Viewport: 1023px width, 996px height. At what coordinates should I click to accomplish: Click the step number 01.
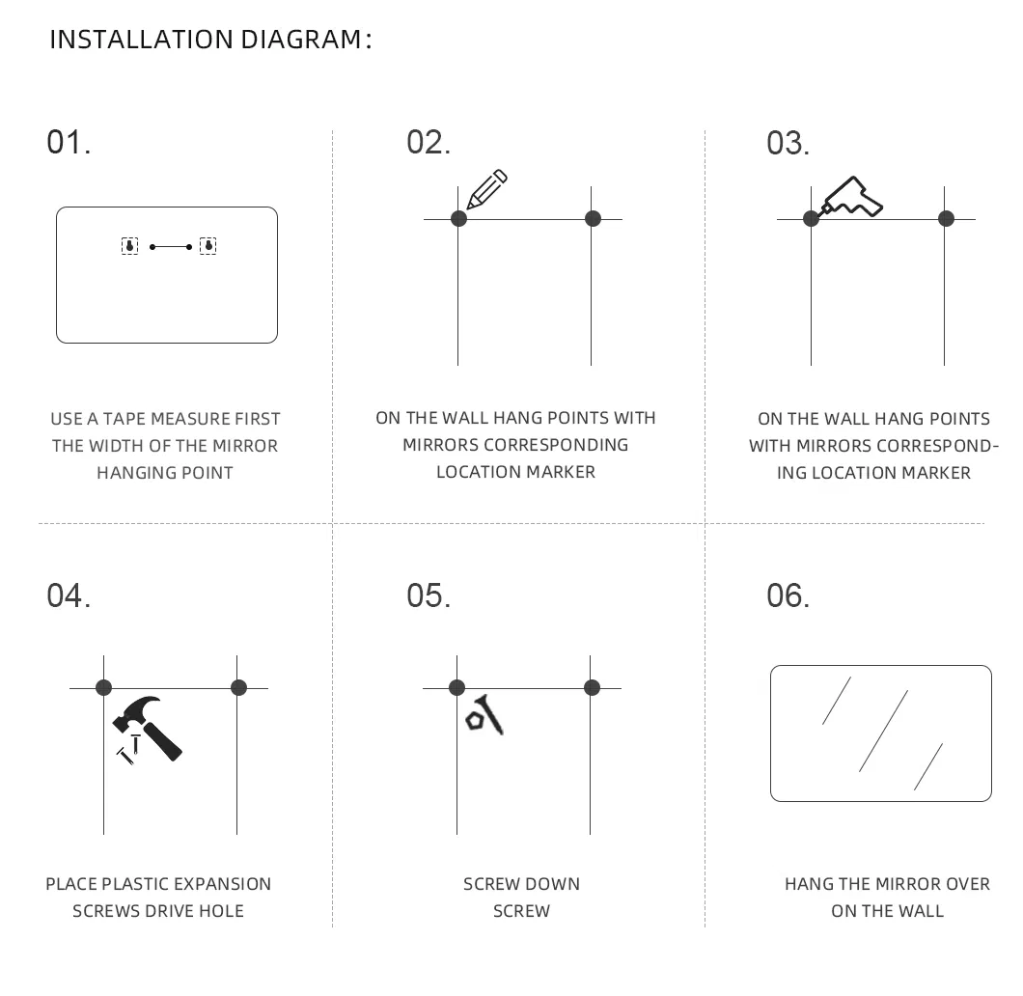click(69, 142)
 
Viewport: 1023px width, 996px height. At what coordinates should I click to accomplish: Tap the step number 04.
click(69, 595)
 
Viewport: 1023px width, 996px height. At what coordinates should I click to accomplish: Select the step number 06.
click(788, 595)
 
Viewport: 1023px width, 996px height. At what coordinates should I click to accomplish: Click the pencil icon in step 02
click(486, 189)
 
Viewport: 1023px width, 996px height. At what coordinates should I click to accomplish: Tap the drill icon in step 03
click(851, 197)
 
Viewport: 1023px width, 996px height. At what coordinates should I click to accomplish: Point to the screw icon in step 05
click(484, 715)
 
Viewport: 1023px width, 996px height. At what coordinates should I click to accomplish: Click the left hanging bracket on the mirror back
click(130, 246)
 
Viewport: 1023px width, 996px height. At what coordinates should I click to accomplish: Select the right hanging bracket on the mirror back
click(208, 246)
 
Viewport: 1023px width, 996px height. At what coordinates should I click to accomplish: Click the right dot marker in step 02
click(593, 218)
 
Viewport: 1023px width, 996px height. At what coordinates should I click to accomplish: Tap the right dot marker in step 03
click(946, 218)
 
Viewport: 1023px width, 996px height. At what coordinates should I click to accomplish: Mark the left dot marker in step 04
click(103, 687)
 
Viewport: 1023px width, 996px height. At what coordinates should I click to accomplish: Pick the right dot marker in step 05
click(592, 687)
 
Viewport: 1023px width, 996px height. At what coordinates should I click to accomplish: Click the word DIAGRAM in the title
click(301, 40)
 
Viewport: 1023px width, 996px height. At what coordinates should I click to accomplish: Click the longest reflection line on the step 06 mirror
click(883, 732)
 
